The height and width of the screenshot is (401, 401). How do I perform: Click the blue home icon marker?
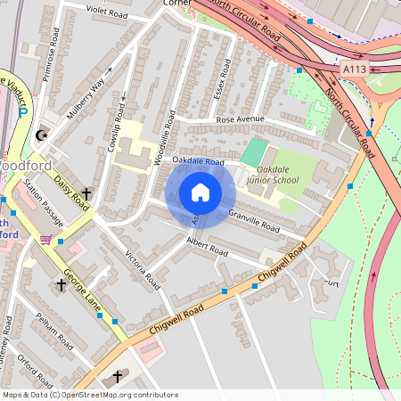(200, 192)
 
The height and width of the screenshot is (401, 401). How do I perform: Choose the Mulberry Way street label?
(86, 95)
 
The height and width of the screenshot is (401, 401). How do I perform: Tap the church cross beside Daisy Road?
(87, 193)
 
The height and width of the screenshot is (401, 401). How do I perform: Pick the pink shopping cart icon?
(45, 239)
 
